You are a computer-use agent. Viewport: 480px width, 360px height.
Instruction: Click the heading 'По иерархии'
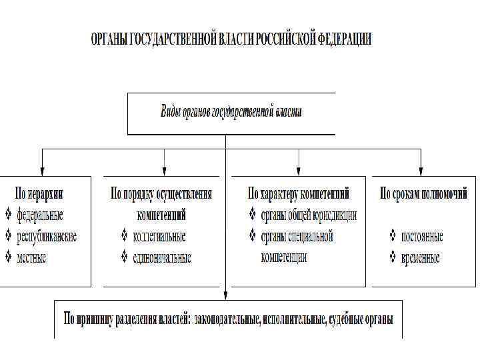coord(39,194)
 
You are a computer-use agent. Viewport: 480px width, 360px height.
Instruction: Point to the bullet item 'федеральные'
coord(40,215)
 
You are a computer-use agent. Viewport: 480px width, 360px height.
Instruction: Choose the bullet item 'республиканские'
coord(47,236)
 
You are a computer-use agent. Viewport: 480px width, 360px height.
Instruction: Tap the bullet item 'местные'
coord(32,257)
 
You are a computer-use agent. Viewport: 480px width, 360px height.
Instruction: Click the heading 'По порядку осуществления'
coord(161,194)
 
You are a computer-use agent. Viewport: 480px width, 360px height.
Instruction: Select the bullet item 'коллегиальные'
coord(159,236)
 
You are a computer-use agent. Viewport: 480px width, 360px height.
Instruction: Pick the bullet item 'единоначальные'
coord(162,257)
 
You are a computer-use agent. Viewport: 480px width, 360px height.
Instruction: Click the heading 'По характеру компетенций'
coord(298,194)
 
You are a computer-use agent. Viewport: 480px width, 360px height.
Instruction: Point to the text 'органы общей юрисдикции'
coord(309,215)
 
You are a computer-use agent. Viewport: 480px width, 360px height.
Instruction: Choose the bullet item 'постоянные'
coord(422,236)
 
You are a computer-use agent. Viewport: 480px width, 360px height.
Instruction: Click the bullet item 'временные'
coord(421,257)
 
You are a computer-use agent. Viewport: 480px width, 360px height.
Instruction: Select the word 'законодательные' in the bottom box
coord(227,319)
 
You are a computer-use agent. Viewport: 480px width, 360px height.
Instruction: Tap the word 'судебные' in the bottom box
coord(345,319)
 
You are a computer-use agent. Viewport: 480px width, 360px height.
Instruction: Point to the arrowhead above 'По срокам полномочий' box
coord(421,172)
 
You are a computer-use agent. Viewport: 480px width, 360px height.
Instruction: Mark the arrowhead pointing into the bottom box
coord(226,296)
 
